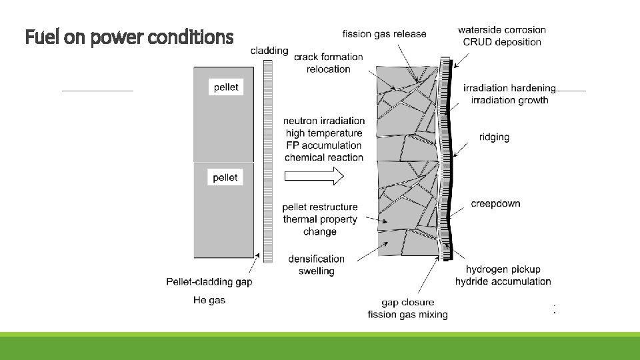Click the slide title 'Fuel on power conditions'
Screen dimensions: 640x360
(129, 37)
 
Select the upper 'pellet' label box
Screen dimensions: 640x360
(225, 87)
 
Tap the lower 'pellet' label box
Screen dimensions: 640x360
(225, 177)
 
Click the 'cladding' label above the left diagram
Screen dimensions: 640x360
(269, 50)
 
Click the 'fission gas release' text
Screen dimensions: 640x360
(384, 33)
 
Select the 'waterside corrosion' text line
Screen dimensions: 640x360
(501, 29)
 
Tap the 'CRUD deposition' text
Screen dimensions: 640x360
(502, 42)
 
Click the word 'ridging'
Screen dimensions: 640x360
(494, 137)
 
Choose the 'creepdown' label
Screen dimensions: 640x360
(495, 203)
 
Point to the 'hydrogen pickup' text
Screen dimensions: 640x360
(503, 269)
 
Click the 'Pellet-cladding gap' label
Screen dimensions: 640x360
(209, 282)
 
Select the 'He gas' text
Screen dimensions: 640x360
(209, 300)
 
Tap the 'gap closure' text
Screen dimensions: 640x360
(407, 303)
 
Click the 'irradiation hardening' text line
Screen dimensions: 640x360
(509, 88)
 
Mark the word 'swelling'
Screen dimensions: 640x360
(317, 271)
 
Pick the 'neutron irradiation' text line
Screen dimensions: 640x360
(324, 121)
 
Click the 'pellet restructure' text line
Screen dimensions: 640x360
(320, 207)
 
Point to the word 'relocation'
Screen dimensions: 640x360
(328, 69)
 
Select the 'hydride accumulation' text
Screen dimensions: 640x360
(503, 281)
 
